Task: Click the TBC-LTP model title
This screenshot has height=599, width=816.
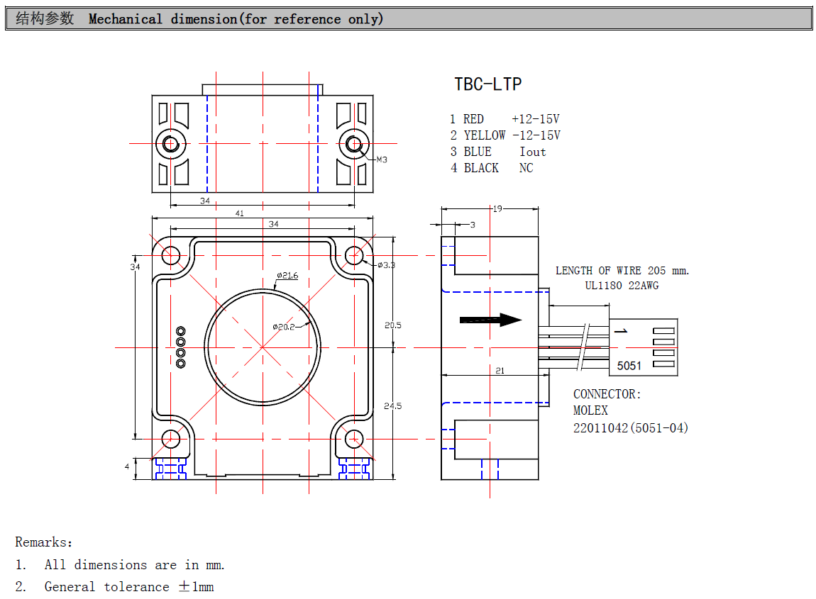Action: (x=488, y=84)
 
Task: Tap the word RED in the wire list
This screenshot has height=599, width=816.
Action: (x=473, y=119)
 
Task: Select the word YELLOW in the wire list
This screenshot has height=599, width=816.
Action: (x=485, y=135)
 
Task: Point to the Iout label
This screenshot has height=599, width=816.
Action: (x=532, y=152)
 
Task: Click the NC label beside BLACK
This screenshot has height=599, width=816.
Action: (x=526, y=168)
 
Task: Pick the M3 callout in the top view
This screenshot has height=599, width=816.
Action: (x=382, y=160)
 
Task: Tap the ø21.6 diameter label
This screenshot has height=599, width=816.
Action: (x=287, y=275)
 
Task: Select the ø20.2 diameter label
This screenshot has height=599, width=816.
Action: (x=283, y=327)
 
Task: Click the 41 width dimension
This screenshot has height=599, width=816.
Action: (x=239, y=213)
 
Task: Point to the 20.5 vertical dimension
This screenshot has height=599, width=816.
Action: (x=392, y=325)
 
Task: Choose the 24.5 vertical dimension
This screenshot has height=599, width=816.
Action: (x=392, y=406)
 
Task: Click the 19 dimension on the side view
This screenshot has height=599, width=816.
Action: (x=497, y=208)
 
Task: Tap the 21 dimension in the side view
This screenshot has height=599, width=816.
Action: (x=500, y=371)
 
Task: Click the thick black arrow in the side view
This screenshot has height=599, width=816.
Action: (x=490, y=320)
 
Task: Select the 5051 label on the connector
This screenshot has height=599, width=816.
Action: (x=629, y=366)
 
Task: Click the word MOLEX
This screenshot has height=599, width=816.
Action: (x=590, y=410)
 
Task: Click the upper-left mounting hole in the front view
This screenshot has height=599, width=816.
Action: (x=171, y=254)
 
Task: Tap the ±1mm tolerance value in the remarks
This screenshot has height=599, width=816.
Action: (x=196, y=587)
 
